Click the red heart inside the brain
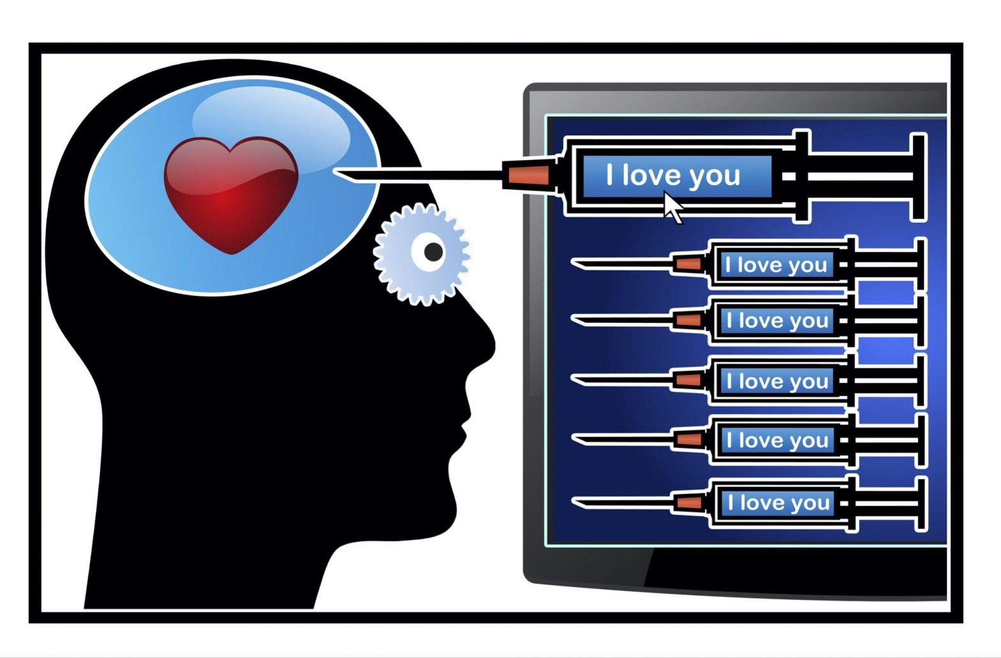point(230,191)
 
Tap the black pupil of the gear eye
point(433,252)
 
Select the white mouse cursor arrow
point(672,207)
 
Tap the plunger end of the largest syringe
point(918,177)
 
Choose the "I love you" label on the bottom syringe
point(778,503)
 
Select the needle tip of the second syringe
point(575,262)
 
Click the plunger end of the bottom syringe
point(920,504)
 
